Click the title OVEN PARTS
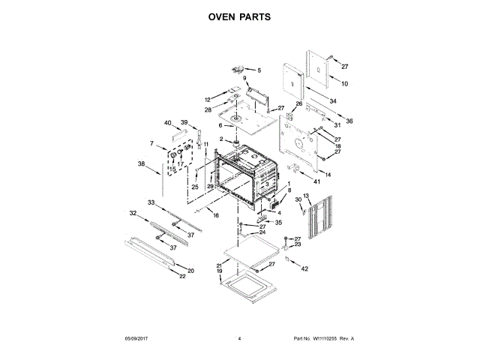tap(239, 16)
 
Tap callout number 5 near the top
tap(260, 70)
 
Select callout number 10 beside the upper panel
tap(345, 83)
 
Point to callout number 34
tap(333, 101)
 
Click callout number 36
tap(349, 121)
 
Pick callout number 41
tap(316, 181)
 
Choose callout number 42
tap(304, 268)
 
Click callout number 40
tap(168, 123)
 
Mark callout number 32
tap(133, 214)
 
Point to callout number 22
tap(181, 277)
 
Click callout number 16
tap(216, 215)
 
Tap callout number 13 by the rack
tap(306, 196)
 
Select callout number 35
tap(278, 223)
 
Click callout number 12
tap(208, 100)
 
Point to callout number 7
tap(151, 143)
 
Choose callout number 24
tap(262, 232)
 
